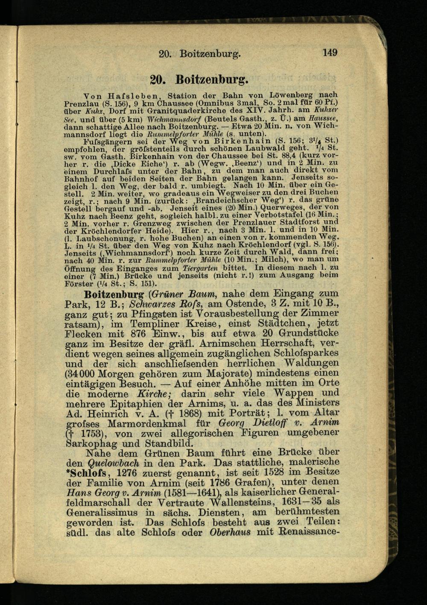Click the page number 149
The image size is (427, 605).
pyautogui.click(x=330, y=53)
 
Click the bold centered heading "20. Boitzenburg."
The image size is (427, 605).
pyautogui.click(x=200, y=80)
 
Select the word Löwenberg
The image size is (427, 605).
pyautogui.click(x=295, y=94)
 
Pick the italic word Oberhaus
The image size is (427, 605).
pyautogui.click(x=230, y=533)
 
